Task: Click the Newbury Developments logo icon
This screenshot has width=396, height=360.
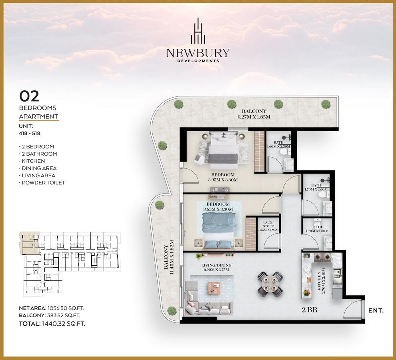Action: pos(198,30)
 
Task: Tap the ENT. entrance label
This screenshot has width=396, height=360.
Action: pos(376,310)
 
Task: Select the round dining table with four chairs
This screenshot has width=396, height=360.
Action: pos(270,284)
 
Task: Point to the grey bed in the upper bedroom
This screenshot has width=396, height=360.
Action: pos(223,150)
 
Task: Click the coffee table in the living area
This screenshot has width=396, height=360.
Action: pos(214,288)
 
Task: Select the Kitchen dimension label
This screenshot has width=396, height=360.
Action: pos(321,282)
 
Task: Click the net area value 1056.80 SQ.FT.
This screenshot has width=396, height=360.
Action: pos(66,308)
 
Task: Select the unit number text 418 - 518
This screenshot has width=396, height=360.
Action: pos(30,133)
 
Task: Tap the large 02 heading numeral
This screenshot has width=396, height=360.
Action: pos(29,96)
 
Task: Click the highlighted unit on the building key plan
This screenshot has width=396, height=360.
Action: pos(29,243)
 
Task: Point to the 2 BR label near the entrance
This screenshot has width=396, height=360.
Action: pos(309,310)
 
